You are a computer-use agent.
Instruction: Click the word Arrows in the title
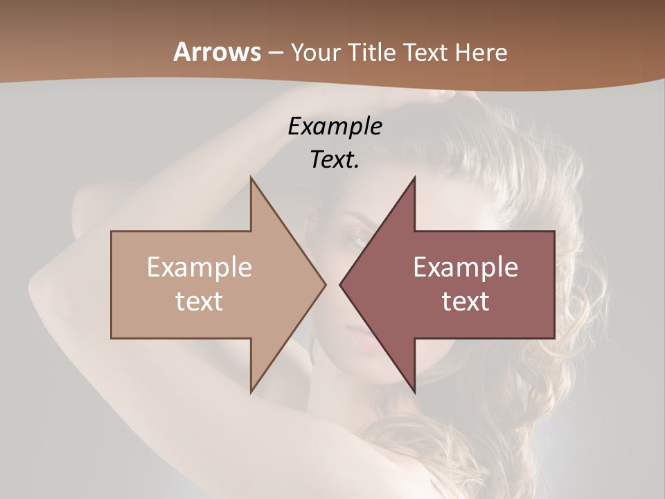[218, 52]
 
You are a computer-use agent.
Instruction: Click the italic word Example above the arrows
[335, 126]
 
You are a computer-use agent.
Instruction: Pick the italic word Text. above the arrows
[335, 159]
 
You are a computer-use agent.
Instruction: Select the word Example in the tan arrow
[199, 268]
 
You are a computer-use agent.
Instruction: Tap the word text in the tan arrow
[199, 301]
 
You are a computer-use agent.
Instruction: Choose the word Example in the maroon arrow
[465, 268]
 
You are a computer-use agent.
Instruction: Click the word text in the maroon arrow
[465, 301]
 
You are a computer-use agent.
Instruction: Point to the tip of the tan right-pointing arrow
[324, 284]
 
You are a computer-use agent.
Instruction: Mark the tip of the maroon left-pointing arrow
[341, 284]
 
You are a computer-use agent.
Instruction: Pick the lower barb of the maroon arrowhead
[414, 389]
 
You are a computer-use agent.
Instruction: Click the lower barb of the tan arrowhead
[252, 389]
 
